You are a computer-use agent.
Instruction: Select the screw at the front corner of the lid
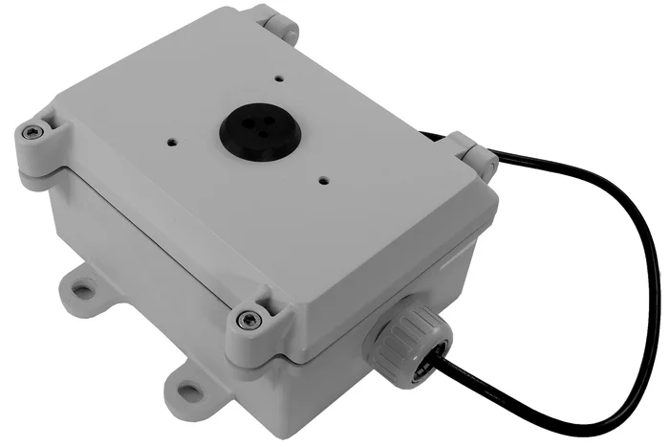249,318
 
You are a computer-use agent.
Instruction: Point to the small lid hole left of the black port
172,140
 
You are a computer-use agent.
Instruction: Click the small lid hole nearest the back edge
278,79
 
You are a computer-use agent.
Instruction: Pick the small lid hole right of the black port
324,178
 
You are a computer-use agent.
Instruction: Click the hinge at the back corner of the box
276,22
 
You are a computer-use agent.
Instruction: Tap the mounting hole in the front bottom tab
190,391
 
